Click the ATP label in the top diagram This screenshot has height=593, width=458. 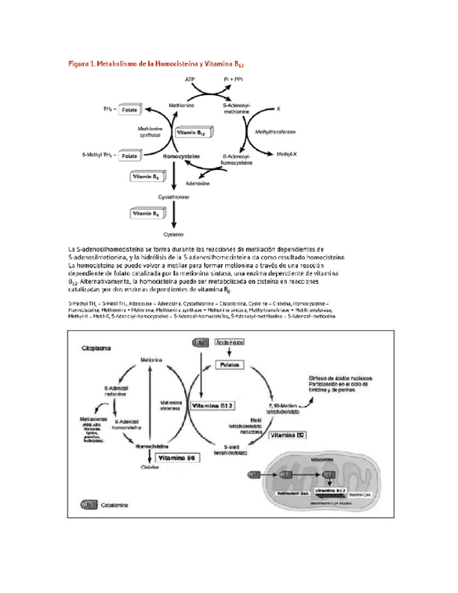pos(189,80)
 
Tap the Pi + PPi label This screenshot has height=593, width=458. pos(235,80)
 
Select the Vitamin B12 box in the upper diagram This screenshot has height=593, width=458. pos(191,131)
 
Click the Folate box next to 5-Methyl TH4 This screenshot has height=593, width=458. pos(129,156)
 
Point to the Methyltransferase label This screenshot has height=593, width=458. pos(275,131)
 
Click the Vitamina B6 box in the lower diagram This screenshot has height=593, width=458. pos(178,458)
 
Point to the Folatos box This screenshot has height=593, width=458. pos(229,365)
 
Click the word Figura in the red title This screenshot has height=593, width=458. pos(80,64)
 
